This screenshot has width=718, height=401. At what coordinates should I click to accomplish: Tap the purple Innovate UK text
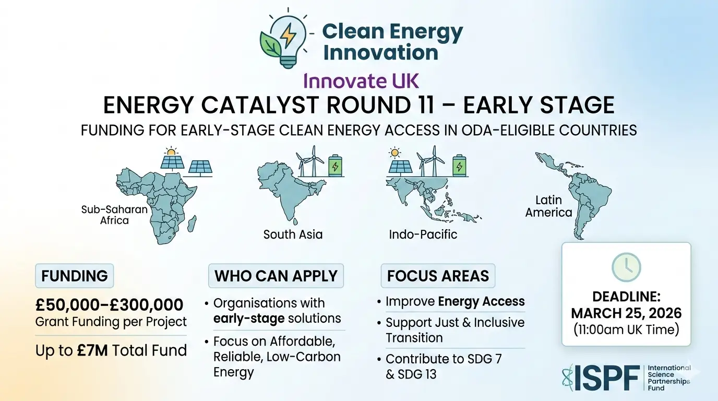(361, 81)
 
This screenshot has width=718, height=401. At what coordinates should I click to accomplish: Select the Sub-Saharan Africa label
(114, 215)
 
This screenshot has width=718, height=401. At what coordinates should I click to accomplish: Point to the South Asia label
(293, 234)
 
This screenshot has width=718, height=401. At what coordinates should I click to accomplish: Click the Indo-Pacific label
(423, 234)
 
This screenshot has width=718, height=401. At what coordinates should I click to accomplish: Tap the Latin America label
(548, 206)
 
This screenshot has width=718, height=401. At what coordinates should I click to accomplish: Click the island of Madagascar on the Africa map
(192, 224)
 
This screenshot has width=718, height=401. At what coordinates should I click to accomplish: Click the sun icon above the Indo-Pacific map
(395, 153)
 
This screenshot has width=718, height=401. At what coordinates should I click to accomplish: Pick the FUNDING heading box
(74, 276)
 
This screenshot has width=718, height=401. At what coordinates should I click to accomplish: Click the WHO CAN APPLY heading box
(276, 276)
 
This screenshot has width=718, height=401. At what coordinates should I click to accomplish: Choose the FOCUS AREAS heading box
(438, 276)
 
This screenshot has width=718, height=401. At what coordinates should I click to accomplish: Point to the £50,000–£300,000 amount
(109, 304)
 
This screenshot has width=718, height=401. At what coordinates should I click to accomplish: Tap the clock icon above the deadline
(626, 267)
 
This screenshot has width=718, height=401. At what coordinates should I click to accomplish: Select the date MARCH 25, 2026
(626, 313)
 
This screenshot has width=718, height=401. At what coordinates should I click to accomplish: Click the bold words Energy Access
(481, 302)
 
